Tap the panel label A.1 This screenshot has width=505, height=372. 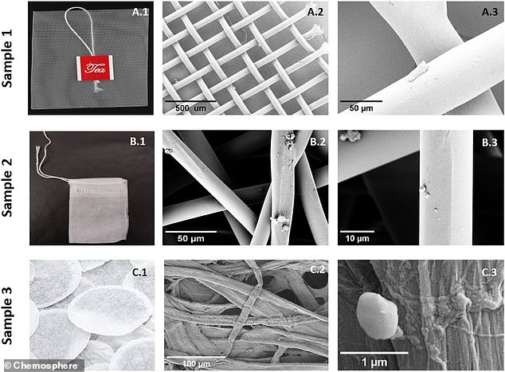[x=139, y=12]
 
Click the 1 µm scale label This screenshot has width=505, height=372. [x=374, y=360]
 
